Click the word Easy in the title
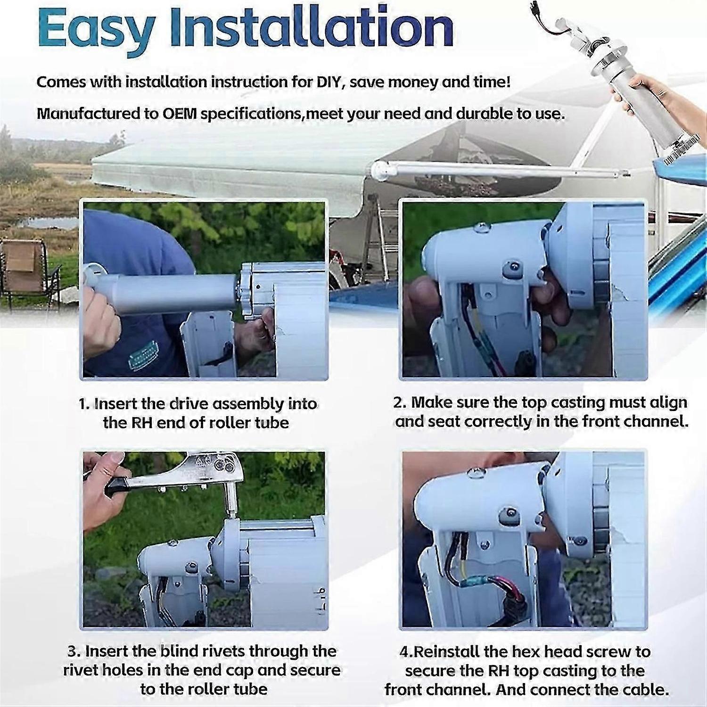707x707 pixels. (97, 28)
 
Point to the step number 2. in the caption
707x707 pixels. (400, 403)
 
